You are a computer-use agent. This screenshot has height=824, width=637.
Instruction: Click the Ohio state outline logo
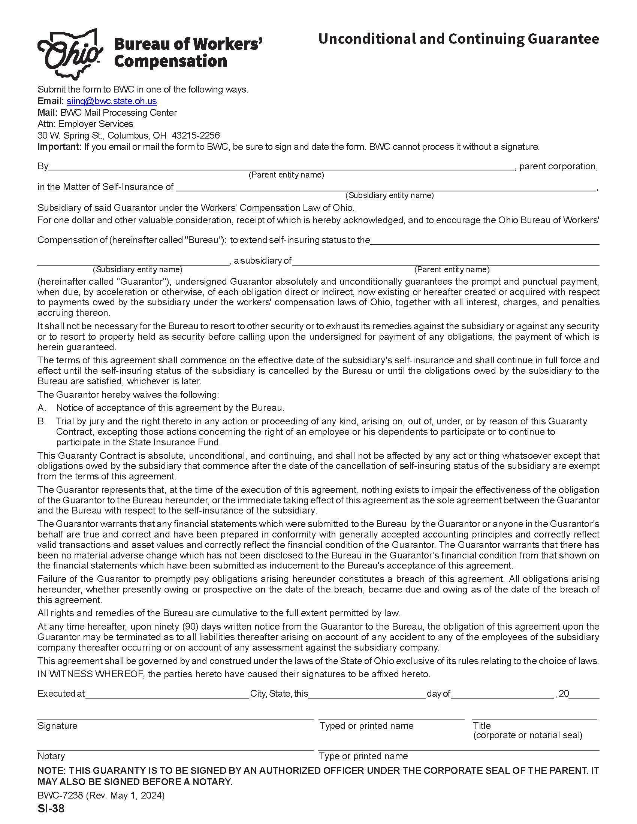point(70,54)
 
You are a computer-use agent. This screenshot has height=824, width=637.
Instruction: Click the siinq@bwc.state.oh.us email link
point(112,101)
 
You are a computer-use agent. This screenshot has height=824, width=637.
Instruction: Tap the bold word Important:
point(59,147)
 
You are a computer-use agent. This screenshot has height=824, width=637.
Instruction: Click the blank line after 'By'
point(281,167)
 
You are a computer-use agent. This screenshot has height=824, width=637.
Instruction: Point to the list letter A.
point(42,408)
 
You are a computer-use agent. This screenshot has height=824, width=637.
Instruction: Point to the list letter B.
point(42,421)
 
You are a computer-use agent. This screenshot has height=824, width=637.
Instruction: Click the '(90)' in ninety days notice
point(190,627)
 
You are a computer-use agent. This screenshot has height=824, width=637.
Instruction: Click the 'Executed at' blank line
point(167,693)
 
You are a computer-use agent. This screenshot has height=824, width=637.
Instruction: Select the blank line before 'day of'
point(367,693)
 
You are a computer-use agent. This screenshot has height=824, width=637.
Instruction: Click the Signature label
point(57,725)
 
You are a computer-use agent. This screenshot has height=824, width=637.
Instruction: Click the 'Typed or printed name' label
point(366,725)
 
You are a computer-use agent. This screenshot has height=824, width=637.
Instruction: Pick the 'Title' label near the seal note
point(482,725)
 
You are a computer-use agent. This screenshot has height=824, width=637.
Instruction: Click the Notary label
point(51,756)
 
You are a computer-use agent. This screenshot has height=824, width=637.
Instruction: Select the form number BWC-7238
point(60,796)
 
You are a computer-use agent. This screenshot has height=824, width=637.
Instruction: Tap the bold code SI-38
point(51,809)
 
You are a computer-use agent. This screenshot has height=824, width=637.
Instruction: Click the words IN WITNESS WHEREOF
point(91,674)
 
